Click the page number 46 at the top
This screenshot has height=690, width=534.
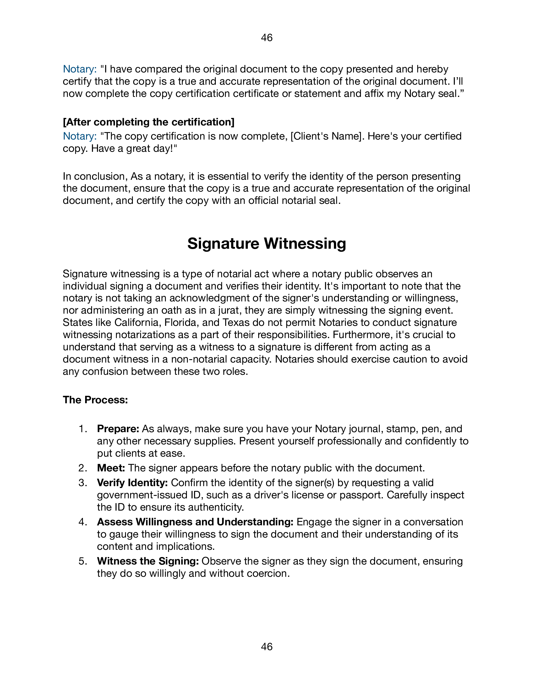click(x=267, y=38)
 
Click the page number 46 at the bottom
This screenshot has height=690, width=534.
click(x=267, y=647)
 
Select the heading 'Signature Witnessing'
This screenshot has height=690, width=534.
click(x=267, y=244)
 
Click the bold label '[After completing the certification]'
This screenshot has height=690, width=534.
click(x=149, y=122)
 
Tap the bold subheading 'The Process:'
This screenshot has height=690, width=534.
click(x=95, y=400)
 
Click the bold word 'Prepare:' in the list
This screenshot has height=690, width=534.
click(x=118, y=429)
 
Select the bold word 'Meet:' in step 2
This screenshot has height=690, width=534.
click(x=111, y=468)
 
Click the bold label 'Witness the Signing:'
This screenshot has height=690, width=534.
click(x=148, y=561)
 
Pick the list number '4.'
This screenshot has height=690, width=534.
click(x=83, y=522)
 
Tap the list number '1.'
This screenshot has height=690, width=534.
click(x=83, y=429)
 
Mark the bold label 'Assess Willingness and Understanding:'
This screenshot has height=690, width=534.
click(x=195, y=522)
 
